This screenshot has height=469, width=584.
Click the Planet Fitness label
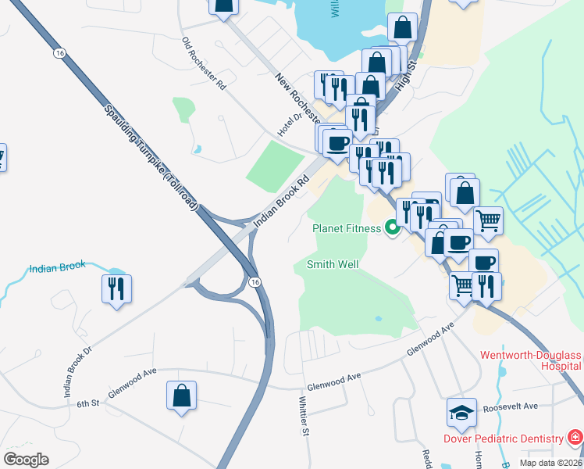[x=347, y=228]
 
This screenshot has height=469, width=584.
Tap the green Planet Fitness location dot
[x=393, y=228]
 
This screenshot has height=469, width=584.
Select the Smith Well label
[x=333, y=265]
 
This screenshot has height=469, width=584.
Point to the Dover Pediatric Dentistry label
[x=503, y=439]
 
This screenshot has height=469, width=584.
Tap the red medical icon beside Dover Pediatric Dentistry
[x=575, y=436]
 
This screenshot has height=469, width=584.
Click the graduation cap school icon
[x=461, y=412]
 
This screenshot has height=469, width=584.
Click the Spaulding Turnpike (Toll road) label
[x=150, y=155]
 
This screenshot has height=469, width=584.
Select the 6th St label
[x=88, y=403]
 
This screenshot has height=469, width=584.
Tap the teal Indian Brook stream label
[x=57, y=267]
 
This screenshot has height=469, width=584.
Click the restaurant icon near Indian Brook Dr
[x=116, y=288]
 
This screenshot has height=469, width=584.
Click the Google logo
[x=26, y=460]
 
